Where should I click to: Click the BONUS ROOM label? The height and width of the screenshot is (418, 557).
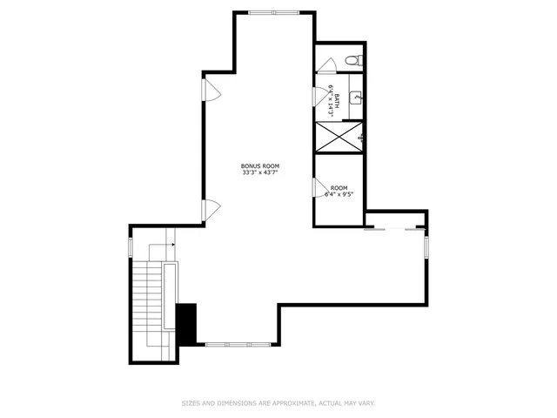pyautogui.click(x=261, y=165)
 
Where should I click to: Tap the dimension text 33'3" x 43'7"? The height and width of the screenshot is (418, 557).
pyautogui.click(x=261, y=172)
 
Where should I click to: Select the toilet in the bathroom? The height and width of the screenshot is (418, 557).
pyautogui.click(x=352, y=60)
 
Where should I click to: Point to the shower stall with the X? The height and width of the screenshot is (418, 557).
pyautogui.click(x=340, y=137)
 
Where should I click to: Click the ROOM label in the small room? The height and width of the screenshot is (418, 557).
pyautogui.click(x=339, y=188)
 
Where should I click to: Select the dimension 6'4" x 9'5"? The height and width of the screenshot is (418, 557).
pyautogui.click(x=339, y=195)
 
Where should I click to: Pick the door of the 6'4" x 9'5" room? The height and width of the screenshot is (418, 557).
pyautogui.click(x=319, y=186)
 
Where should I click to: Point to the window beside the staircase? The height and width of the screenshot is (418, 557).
pyautogui.click(x=131, y=246)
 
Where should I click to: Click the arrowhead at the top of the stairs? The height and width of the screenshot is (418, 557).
pyautogui.click(x=173, y=245)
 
